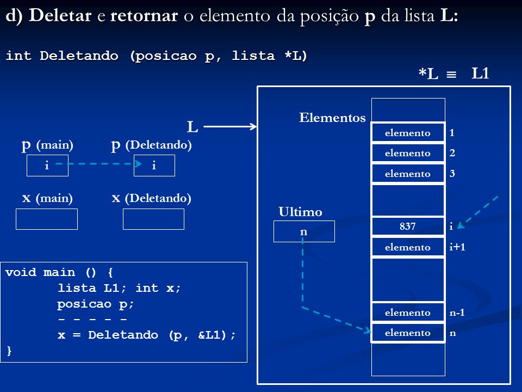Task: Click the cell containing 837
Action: [x=408, y=226]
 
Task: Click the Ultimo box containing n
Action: [x=304, y=231]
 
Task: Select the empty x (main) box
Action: [x=47, y=219]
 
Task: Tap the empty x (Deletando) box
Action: [x=153, y=219]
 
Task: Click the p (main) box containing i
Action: [x=47, y=166]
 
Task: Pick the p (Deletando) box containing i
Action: [x=154, y=166]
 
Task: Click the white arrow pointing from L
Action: [x=230, y=126]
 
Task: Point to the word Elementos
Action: [x=332, y=118]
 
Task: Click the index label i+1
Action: [x=457, y=247]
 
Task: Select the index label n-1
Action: [x=457, y=313]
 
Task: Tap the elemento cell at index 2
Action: [x=408, y=153]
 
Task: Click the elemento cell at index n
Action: [x=408, y=333]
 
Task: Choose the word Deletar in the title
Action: [x=60, y=16]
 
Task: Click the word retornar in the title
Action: [x=144, y=16]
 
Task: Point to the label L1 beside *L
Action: [x=480, y=73]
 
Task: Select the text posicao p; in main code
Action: [x=95, y=304]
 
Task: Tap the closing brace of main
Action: [x=9, y=351]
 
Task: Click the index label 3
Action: [x=452, y=173]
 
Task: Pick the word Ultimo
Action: [x=300, y=212]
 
